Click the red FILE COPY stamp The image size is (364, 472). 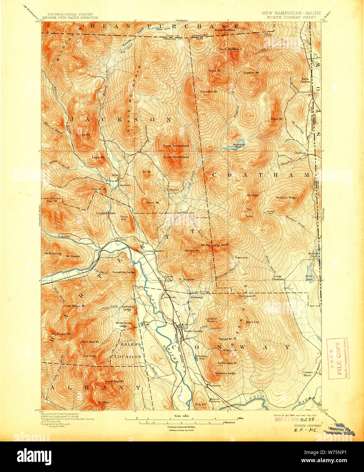[x=337, y=358]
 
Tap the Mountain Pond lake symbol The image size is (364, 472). [x=239, y=143]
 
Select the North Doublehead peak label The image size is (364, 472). [x=176, y=146]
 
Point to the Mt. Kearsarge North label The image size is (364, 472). [x=215, y=245]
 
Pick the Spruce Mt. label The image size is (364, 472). [x=83, y=134]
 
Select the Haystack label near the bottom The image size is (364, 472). [x=104, y=402]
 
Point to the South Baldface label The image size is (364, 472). [x=229, y=49]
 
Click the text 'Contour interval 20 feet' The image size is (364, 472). [x=184, y=427]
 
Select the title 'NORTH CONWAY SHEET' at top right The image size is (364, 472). [x=291, y=17]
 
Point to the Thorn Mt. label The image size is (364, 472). [x=153, y=203]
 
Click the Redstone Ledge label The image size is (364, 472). [x=225, y=373]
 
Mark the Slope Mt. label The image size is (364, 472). [x=276, y=119]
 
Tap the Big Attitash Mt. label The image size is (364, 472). [x=61, y=334]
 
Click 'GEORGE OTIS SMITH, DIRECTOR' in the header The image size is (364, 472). [x=70, y=17]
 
